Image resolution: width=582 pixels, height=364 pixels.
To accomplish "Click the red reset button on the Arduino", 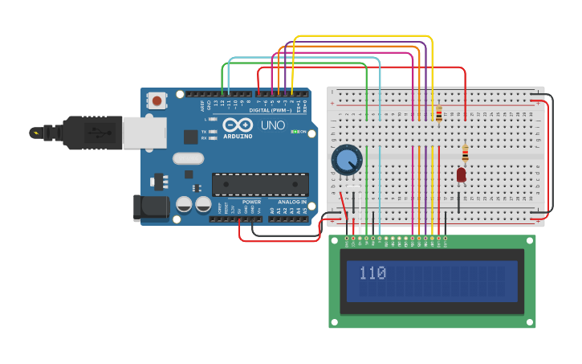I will pyautogui.click(x=157, y=100).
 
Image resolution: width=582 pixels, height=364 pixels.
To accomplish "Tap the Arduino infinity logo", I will pyautogui.click(x=238, y=125).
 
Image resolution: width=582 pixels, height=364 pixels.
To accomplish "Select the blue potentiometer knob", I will pyautogui.click(x=348, y=159).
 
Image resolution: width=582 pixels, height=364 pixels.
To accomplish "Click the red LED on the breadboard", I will pyautogui.click(x=461, y=174).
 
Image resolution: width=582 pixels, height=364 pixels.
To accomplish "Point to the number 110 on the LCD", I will pyautogui.click(x=372, y=273).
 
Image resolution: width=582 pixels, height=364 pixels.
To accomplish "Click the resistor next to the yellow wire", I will pyautogui.click(x=439, y=113).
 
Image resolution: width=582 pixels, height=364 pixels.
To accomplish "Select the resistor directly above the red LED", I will pyautogui.click(x=465, y=153).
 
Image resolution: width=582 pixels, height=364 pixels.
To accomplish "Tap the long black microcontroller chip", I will pyautogui.click(x=260, y=184).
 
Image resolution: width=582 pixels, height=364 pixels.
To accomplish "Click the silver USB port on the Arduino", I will pyautogui.click(x=144, y=133).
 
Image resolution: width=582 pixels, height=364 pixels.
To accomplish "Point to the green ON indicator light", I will pyautogui.click(x=295, y=131).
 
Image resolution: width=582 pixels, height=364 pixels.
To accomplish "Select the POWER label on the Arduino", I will pyautogui.click(x=251, y=202).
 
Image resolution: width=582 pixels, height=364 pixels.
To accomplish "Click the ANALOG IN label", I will pyautogui.click(x=292, y=202).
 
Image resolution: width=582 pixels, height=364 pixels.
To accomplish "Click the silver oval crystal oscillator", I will pyautogui.click(x=188, y=158).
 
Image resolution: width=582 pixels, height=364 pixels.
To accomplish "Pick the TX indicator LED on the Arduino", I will pyautogui.click(x=213, y=131).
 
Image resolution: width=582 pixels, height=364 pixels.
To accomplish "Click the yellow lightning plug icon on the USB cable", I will pyautogui.click(x=35, y=133).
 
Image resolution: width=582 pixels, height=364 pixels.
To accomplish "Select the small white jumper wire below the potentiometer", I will pyautogui.click(x=353, y=187).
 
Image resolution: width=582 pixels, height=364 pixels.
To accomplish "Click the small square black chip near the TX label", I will pyautogui.click(x=190, y=137).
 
